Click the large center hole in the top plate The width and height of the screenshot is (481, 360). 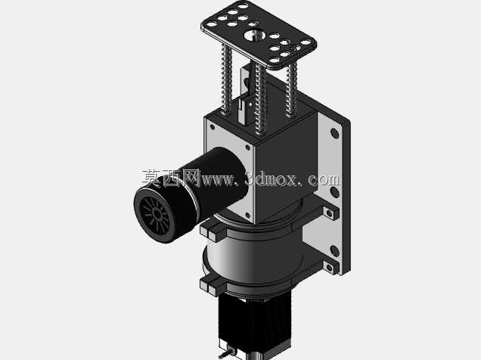coord(255,34)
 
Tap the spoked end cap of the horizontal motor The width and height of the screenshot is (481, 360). coord(156,215)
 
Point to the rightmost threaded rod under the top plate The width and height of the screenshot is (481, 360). coord(292,90)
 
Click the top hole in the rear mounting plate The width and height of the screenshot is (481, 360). coord(334,133)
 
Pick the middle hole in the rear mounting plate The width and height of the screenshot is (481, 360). coord(335,192)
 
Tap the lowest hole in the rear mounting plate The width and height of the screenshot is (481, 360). coord(335,251)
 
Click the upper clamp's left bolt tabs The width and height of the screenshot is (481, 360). coord(213,231)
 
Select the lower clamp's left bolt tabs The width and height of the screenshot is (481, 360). coord(213,284)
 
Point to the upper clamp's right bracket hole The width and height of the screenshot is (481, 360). coord(330,213)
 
